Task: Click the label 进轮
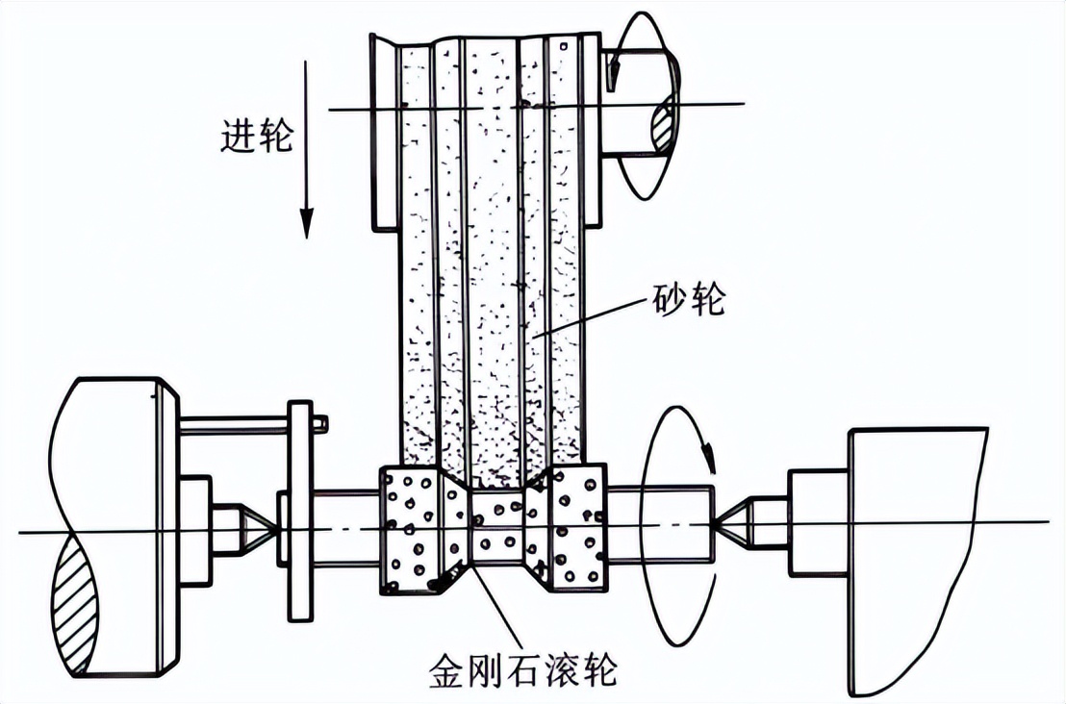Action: tap(256, 136)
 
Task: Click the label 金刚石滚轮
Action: tap(522, 669)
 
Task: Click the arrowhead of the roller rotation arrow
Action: tap(710, 458)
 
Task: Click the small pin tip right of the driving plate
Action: tap(320, 424)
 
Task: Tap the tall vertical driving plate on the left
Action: tap(300, 511)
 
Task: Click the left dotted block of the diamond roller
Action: tap(414, 529)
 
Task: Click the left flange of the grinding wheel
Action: tap(384, 133)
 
